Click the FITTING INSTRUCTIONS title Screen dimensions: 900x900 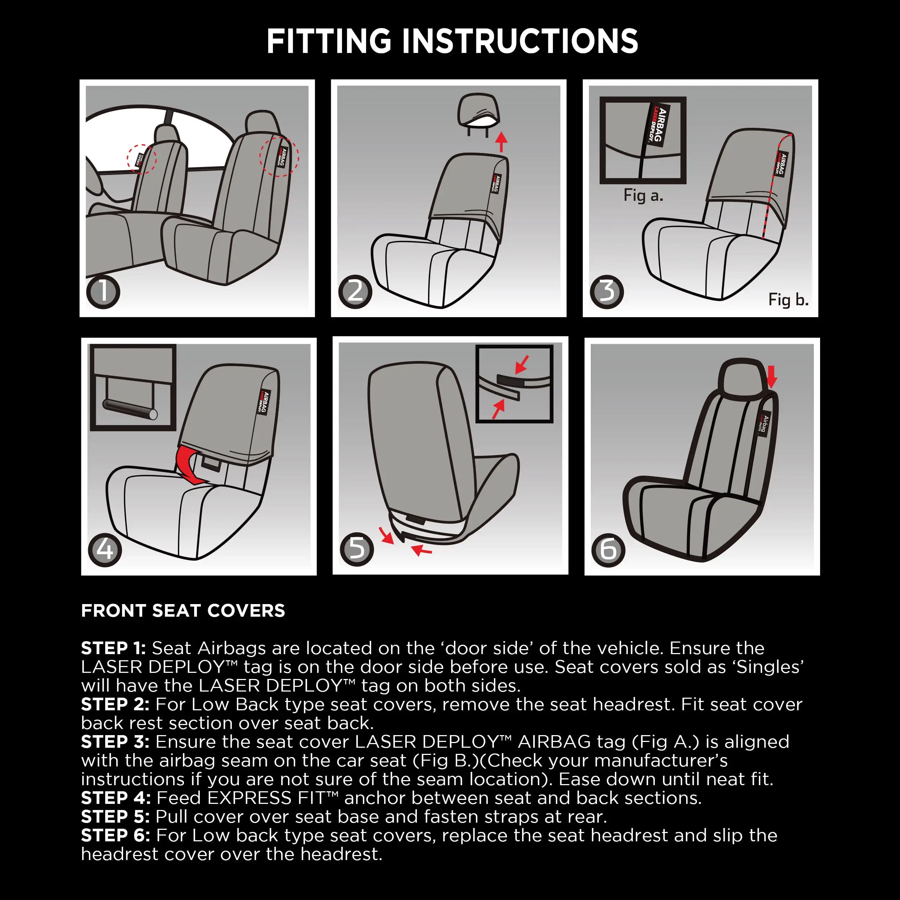pos(452,41)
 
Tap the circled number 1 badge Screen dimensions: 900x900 pos(103,292)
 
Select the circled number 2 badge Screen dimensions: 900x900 pos(355,292)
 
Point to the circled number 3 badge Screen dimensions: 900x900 pos(607,292)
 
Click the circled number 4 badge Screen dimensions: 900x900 pos(105,550)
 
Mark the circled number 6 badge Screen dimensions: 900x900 pos(608,550)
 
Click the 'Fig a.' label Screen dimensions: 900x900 pos(643,195)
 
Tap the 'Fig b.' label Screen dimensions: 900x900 pos(788,299)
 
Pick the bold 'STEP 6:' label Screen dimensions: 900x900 pos(116,835)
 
